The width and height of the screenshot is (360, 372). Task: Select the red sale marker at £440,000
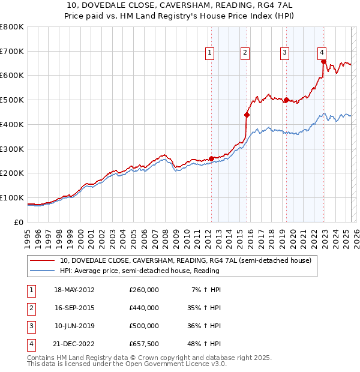[x=247, y=114]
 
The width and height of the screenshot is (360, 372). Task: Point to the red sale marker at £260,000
[x=211, y=158]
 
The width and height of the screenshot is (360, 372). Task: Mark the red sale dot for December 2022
[x=323, y=61]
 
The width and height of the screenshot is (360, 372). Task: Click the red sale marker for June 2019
[x=286, y=100]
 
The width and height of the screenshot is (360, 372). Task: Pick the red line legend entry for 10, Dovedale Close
[x=185, y=261]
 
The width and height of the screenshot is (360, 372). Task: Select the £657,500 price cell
[x=144, y=344]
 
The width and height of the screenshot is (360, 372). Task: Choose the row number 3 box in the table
[x=31, y=326]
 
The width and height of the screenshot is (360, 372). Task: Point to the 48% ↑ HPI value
[x=206, y=344]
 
